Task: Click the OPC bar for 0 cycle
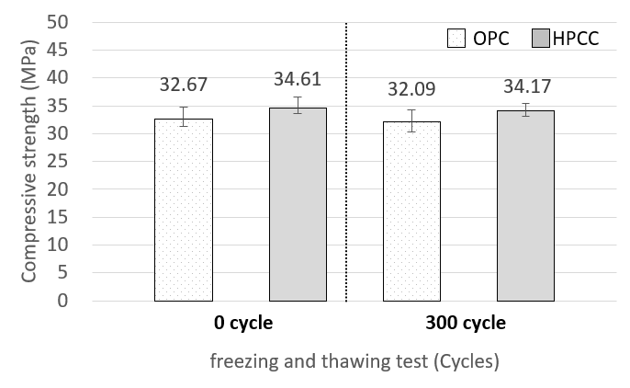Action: [x=184, y=210]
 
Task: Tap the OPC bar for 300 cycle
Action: [x=412, y=211]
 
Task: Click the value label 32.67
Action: [x=184, y=86]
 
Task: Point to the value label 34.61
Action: [x=298, y=79]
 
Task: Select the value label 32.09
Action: [x=412, y=91]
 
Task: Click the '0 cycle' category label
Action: [x=240, y=324]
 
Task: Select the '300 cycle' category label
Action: [x=466, y=324]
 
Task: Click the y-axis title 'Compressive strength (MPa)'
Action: [x=29, y=162]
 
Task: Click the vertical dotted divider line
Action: [x=346, y=184]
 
